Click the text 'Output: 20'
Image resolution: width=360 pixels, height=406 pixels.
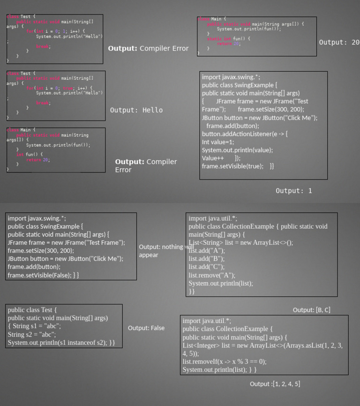[339, 42]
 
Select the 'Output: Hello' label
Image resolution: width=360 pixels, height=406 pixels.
[136, 110]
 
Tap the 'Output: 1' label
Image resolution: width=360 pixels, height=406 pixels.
[293, 191]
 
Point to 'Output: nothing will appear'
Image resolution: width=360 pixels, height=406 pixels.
[166, 251]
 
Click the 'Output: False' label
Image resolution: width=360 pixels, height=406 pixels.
[146, 328]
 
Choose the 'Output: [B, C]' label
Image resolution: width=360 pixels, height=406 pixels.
[311, 310]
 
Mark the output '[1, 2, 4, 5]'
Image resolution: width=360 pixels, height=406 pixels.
[275, 384]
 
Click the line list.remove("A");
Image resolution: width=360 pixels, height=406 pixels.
[212, 275]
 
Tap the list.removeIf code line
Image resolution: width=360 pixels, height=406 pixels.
[225, 361]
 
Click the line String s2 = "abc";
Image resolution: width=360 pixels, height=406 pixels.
[32, 334]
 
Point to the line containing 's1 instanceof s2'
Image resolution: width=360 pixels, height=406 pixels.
[61, 343]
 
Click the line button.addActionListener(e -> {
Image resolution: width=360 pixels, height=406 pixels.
[245, 134]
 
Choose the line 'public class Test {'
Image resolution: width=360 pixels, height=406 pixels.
[32, 310]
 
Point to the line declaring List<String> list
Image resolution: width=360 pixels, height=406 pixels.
[240, 242]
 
